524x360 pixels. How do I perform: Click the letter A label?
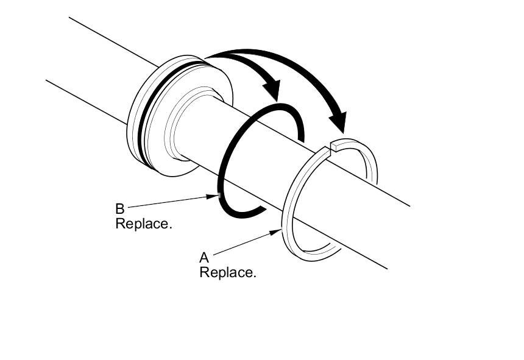pos(204,258)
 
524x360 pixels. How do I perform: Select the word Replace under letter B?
pos(143,224)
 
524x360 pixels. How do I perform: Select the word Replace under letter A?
pos(226,272)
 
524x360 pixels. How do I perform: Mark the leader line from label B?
pos(165,202)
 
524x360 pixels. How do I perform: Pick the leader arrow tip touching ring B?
pos(217,196)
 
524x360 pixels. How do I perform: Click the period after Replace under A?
pos(254,276)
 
